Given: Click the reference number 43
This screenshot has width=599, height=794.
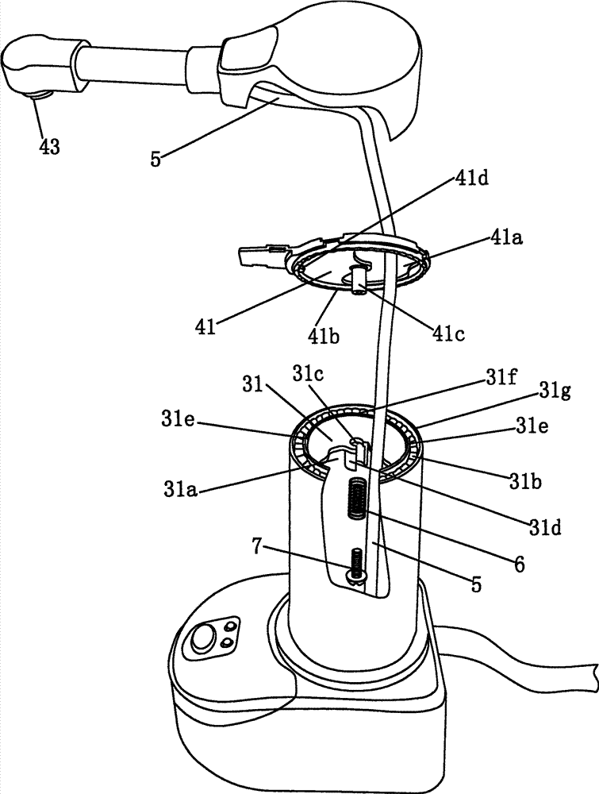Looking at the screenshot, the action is click(49, 147).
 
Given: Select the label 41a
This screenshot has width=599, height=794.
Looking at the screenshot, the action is click(506, 237).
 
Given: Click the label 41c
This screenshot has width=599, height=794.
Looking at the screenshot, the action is click(448, 333).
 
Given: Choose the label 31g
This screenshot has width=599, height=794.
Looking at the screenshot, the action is click(554, 391).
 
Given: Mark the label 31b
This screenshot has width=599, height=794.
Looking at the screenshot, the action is click(526, 480).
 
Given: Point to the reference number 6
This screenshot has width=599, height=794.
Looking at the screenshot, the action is click(519, 564).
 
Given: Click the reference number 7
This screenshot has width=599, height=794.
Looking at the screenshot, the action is click(258, 547).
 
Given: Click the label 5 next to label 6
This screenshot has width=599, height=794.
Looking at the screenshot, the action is click(476, 584).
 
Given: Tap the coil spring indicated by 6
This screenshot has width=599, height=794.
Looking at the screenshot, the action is click(357, 498).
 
